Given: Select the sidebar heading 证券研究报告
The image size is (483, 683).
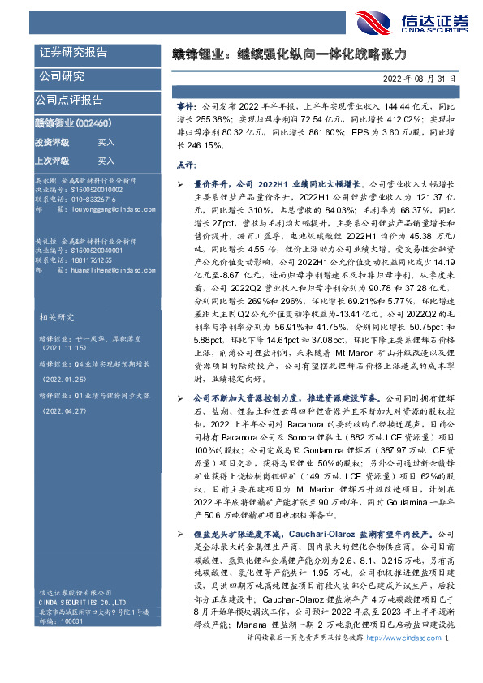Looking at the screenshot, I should tap(73, 53).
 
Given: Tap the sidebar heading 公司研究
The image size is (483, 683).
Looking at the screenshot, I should tap(62, 77).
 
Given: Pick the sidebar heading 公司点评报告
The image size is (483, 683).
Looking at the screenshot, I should tap(69, 100).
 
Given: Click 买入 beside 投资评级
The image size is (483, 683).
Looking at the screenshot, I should tap(106, 141).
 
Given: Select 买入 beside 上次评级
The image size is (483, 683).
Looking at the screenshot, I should tap(106, 161).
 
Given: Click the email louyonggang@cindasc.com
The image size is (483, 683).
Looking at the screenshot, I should tap(101, 208).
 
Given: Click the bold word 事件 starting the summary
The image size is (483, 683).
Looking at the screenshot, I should tap(186, 107).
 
